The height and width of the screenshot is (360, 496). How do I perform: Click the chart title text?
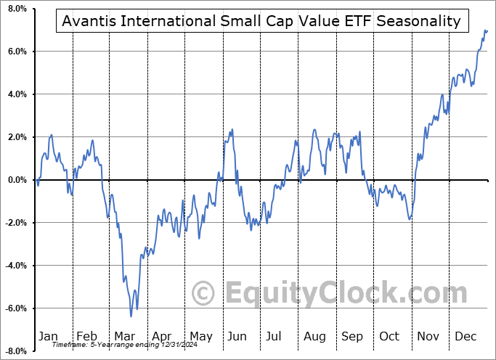pos(261,21)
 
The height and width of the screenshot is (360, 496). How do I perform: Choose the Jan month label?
pos(48,336)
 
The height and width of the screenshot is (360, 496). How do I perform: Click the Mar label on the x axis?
pos(124,336)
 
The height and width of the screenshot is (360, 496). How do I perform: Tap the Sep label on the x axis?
pos(351,336)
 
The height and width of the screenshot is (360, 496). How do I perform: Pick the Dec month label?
pos(466,336)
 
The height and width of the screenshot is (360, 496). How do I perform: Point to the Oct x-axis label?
pos(390,336)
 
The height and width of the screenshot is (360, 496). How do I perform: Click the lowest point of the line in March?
pos(131,316)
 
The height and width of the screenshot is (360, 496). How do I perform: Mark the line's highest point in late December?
pos(485,30)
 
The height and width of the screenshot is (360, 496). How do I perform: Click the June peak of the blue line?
pos(232,130)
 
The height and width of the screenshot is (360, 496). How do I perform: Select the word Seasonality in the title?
pos(419,21)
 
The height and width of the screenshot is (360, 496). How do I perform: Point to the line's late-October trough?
pos(410,218)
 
